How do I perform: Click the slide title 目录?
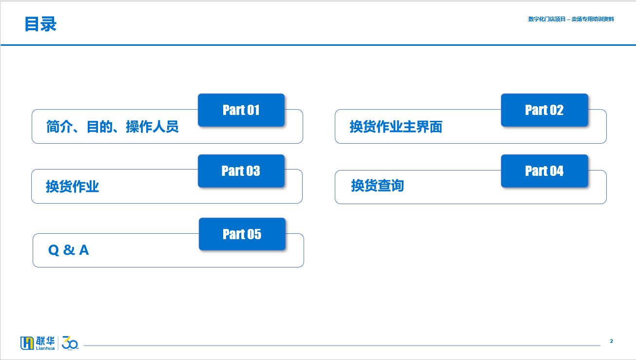(40, 24)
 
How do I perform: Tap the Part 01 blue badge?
(241, 110)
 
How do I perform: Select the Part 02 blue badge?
(544, 110)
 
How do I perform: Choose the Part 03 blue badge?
(241, 171)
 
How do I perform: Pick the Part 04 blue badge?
(544, 171)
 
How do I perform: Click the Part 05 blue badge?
(242, 234)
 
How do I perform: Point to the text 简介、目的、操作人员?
(113, 127)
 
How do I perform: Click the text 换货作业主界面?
(396, 127)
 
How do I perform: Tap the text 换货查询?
(377, 186)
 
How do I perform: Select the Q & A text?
(69, 250)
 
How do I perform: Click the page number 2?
(611, 341)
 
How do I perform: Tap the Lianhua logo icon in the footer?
(27, 343)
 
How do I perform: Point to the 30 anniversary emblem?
(70, 343)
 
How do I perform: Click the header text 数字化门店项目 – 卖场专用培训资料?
(571, 19)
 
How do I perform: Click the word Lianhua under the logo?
(45, 348)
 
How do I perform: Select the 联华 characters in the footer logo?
(45, 341)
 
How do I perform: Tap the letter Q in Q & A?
(54, 250)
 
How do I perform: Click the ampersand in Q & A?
(69, 250)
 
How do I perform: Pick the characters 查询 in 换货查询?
(391, 186)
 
